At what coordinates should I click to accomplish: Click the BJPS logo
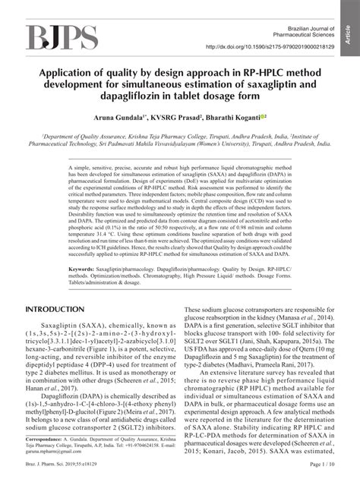click(62, 37)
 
